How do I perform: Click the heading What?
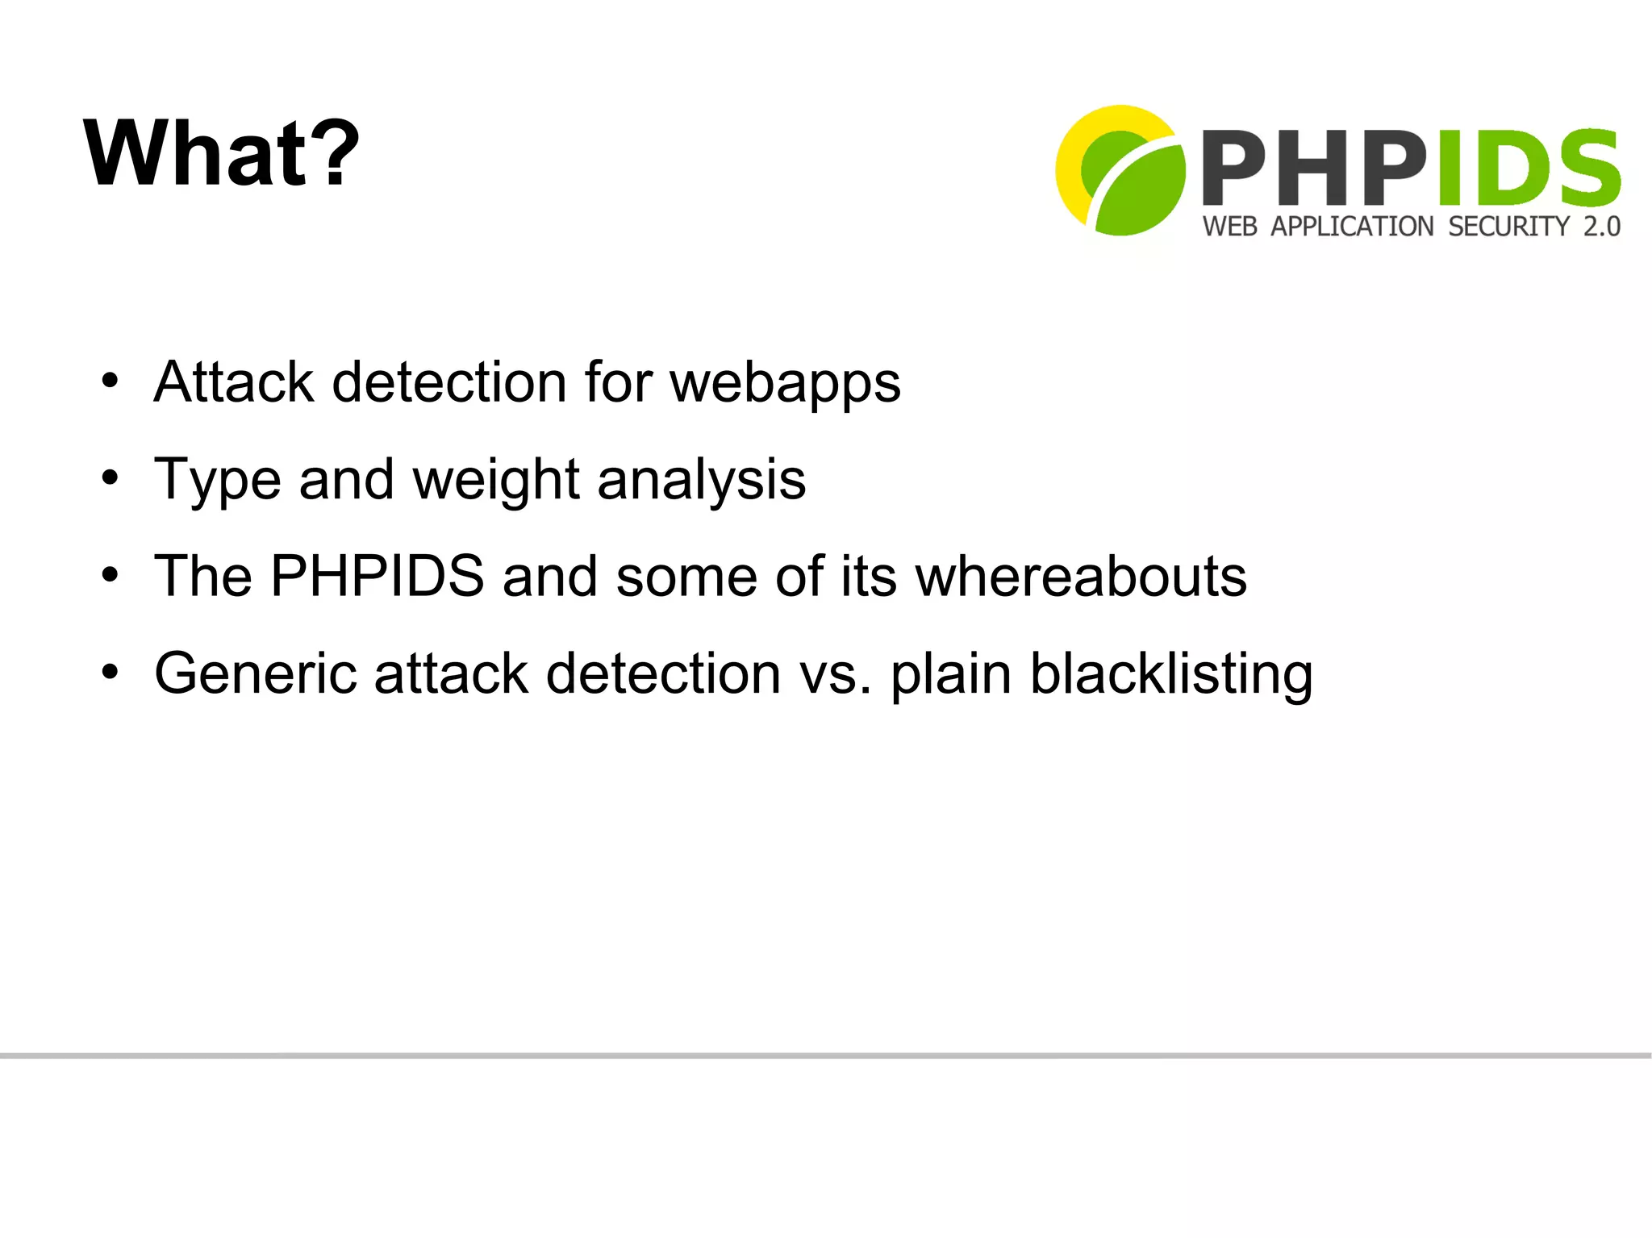221,153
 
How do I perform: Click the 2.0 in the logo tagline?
1601,227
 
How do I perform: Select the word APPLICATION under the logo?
1352,227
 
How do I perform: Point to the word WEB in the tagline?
1229,227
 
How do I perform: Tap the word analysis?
701,481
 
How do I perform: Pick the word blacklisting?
1171,674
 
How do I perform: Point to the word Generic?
255,674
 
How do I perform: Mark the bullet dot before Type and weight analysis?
111,477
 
